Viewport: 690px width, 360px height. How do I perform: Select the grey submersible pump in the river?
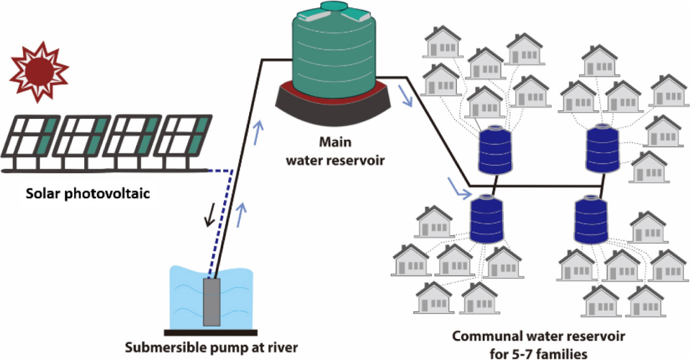(x=212, y=301)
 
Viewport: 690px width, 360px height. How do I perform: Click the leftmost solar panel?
(x=29, y=141)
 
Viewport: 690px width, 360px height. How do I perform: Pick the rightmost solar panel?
(x=179, y=141)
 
